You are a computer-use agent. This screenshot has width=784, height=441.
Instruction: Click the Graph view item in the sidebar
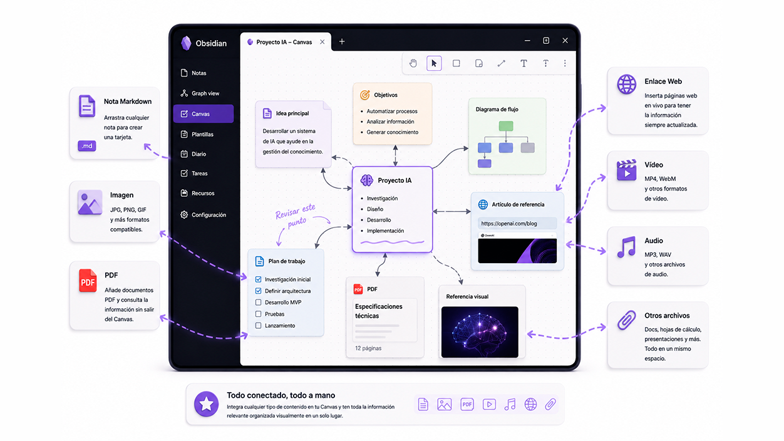pos(200,93)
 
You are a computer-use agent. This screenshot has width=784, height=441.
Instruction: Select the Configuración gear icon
pos(184,215)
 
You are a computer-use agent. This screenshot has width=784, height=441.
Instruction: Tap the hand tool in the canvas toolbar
pos(413,63)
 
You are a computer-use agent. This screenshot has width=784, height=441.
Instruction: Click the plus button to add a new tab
pos(342,41)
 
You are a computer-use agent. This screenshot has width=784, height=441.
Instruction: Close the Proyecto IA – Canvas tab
pos(322,42)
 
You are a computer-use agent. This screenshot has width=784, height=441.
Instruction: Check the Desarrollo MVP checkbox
pos(258,303)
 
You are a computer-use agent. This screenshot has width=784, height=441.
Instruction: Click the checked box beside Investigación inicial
pos(258,279)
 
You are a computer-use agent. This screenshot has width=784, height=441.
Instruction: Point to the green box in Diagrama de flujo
pos(506,126)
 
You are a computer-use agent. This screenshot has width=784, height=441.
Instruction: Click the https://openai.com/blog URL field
pos(517,223)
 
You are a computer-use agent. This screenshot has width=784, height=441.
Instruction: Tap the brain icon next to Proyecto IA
pos(367,180)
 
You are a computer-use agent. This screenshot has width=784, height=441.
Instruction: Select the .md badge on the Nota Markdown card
pos(87,146)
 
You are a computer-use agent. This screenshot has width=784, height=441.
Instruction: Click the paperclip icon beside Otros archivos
pos(626,320)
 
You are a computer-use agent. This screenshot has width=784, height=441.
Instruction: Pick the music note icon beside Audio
pos(626,247)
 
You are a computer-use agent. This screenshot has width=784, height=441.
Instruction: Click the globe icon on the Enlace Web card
pos(626,85)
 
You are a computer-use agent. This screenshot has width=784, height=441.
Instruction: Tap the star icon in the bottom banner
pos(207,404)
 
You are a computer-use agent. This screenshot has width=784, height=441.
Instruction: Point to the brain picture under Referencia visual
pos(480,332)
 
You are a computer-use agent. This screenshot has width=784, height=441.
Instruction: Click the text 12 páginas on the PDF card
pos(368,348)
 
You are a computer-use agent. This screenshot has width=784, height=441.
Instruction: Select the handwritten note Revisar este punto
pos(296,216)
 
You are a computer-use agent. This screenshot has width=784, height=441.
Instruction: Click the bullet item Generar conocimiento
pos(393,132)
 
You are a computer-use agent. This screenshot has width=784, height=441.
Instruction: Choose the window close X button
pos(565,41)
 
